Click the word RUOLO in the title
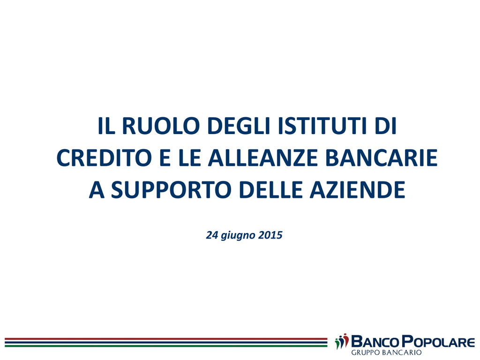tap(161, 126)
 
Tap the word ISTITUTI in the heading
tap(322, 126)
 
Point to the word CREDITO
tap(104, 158)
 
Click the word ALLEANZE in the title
tap(263, 158)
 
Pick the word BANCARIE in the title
tap(382, 158)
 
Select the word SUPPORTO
tap(171, 190)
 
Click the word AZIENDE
tap(358, 190)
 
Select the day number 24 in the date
tap(212, 235)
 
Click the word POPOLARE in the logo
tap(439, 342)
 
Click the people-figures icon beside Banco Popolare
tap(342, 341)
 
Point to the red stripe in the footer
tap(166, 339)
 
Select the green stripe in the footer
tap(166, 346)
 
